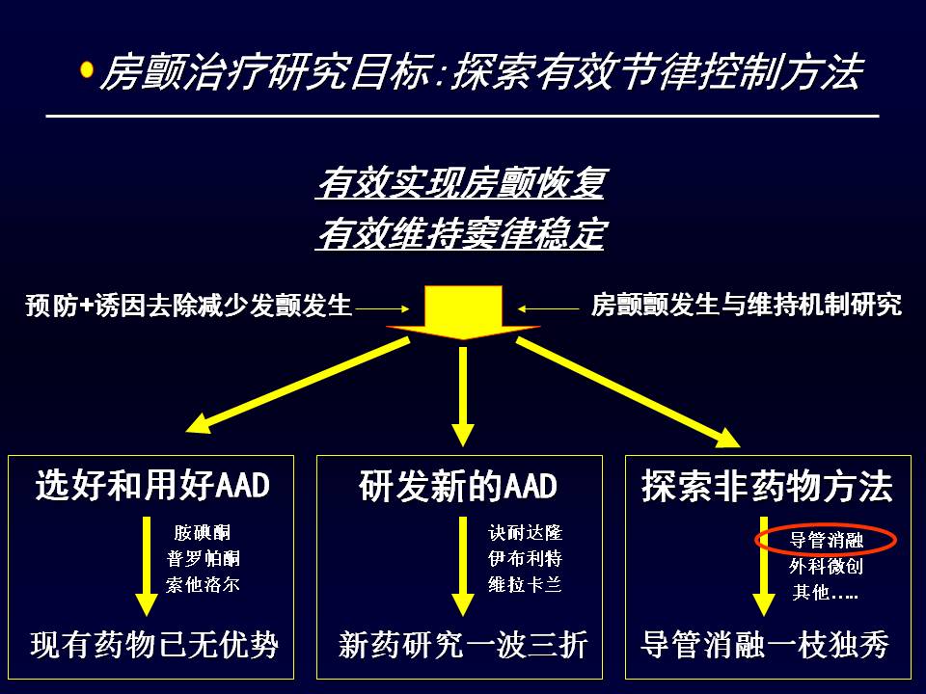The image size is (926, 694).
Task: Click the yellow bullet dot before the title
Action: pyautogui.click(x=87, y=69)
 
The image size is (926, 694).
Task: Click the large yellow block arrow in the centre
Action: pyautogui.click(x=463, y=312)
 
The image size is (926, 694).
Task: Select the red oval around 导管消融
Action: pyautogui.click(x=826, y=540)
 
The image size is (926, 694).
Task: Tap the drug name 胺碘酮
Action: pyautogui.click(x=202, y=533)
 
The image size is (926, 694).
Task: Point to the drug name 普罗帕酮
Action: pyautogui.click(x=203, y=558)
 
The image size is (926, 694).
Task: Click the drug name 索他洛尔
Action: pyautogui.click(x=203, y=584)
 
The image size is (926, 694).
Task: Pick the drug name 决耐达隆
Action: pyautogui.click(x=525, y=533)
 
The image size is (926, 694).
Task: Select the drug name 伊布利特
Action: pyautogui.click(x=525, y=558)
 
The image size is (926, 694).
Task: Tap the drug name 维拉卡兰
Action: pyautogui.click(x=525, y=584)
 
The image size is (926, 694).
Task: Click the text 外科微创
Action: pyautogui.click(x=827, y=566)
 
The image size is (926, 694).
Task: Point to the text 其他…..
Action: pyautogui.click(x=825, y=592)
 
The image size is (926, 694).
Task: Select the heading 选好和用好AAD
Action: pyautogui.click(x=152, y=485)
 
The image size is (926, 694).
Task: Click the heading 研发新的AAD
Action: pyautogui.click(x=458, y=486)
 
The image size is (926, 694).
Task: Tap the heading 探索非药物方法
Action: pyautogui.click(x=767, y=486)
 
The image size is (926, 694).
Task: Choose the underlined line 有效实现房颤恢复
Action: pyautogui.click(x=461, y=182)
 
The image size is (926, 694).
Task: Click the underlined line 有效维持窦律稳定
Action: pyautogui.click(x=461, y=233)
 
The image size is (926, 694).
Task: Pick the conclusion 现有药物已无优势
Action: pyautogui.click(x=154, y=644)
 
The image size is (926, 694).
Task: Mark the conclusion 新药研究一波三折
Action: pyautogui.click(x=463, y=644)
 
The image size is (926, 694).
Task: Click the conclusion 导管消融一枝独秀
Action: pyautogui.click(x=765, y=644)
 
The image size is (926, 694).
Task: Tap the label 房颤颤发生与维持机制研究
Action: pyautogui.click(x=746, y=306)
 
